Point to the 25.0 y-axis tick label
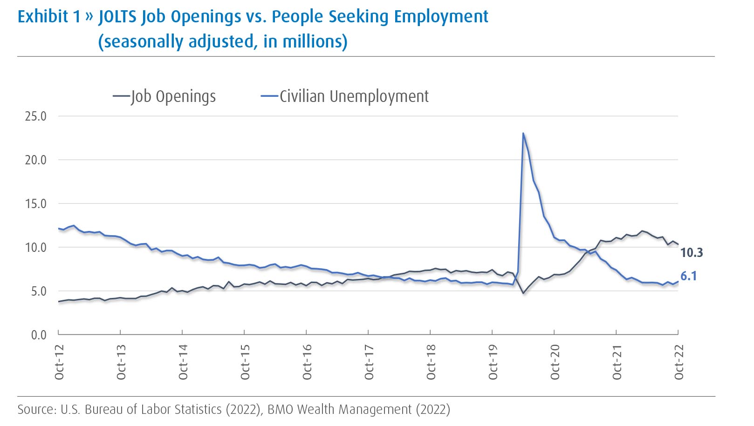point(36,116)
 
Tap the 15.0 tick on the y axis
point(36,204)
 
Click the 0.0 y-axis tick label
point(39,335)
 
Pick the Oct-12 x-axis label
point(59,362)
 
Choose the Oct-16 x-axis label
point(307,362)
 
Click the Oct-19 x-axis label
point(493,362)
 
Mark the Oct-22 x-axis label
point(679,362)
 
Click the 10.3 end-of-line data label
point(692,253)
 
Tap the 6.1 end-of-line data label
point(688,276)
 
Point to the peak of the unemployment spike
point(523,134)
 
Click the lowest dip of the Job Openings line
point(523,293)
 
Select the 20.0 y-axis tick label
point(36,160)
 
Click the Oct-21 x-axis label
point(617,362)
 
